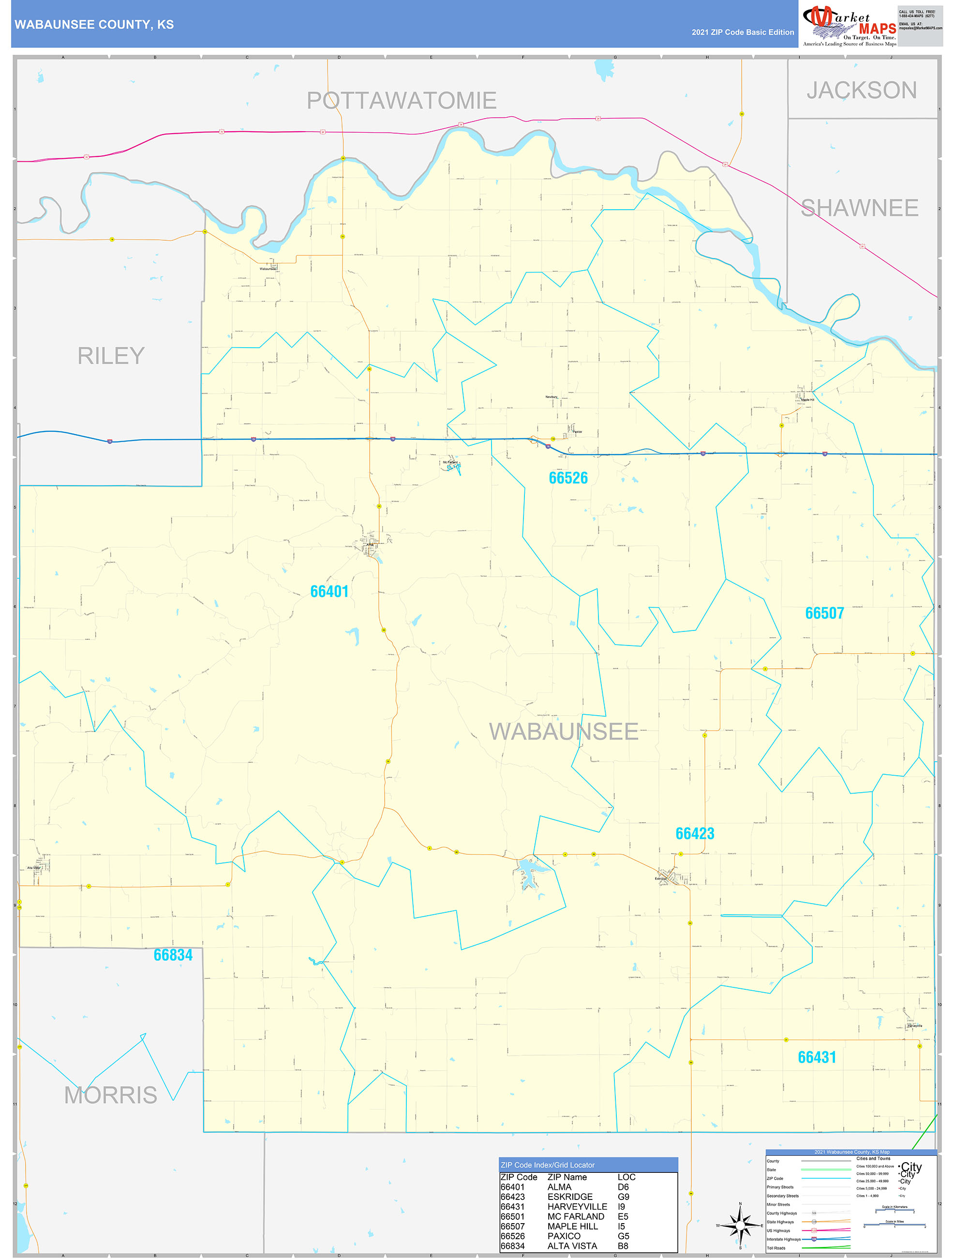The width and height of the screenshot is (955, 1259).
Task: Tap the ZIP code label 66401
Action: coord(329,592)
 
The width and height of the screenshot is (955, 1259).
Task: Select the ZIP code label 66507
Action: coord(824,614)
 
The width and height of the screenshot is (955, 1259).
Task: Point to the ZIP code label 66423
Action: coord(695,834)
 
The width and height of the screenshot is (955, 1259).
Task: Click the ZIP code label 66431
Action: coord(817,1058)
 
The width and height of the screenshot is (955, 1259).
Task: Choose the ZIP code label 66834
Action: coord(173,955)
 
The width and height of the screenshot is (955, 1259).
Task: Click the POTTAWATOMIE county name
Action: coord(402,101)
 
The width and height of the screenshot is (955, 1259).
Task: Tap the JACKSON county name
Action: coord(861,91)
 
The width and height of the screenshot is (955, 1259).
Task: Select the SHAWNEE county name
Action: coord(859,208)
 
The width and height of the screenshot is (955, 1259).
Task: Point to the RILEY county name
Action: coord(111,356)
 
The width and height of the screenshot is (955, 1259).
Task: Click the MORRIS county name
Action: coord(110,1095)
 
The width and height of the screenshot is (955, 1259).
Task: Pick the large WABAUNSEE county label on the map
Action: coord(564,732)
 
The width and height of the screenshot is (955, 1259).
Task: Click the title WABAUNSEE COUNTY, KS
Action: coord(94,25)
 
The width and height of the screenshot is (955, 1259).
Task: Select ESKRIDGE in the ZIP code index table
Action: coord(569,1197)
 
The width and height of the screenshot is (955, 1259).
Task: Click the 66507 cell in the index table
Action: coord(512,1226)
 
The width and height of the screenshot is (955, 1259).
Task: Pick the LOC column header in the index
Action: coord(626,1177)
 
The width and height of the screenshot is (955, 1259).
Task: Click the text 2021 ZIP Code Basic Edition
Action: coord(742,32)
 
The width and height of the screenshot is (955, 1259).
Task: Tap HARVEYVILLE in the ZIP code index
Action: coord(577,1207)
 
